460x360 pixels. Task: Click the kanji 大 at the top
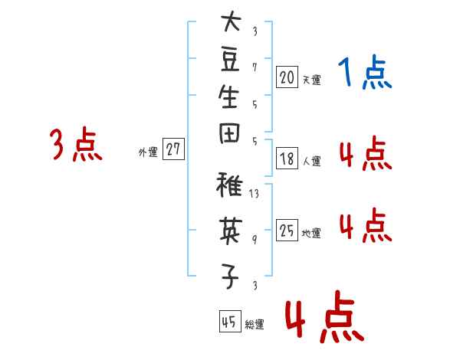[x=231, y=21]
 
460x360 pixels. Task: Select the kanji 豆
[x=230, y=61]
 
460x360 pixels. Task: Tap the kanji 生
[x=228, y=97]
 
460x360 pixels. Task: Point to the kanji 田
[x=229, y=133]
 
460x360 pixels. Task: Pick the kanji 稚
[x=229, y=185]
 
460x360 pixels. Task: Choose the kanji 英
[x=231, y=231]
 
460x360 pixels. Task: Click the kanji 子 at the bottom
[x=230, y=277]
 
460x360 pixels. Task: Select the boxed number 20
[x=287, y=77]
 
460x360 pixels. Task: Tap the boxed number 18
[x=287, y=159]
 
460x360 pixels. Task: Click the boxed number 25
[x=287, y=230]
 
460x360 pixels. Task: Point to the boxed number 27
[x=173, y=149]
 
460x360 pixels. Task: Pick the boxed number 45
[x=230, y=321]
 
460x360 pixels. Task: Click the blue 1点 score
[x=365, y=72]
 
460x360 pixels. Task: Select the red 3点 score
[x=76, y=144]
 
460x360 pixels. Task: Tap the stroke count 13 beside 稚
[x=254, y=193]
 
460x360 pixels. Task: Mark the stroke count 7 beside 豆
[x=255, y=67]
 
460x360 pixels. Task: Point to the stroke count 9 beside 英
[x=255, y=240]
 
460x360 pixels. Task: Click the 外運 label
[x=148, y=152]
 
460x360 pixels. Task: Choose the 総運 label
[x=255, y=324]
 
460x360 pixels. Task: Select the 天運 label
[x=312, y=80]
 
